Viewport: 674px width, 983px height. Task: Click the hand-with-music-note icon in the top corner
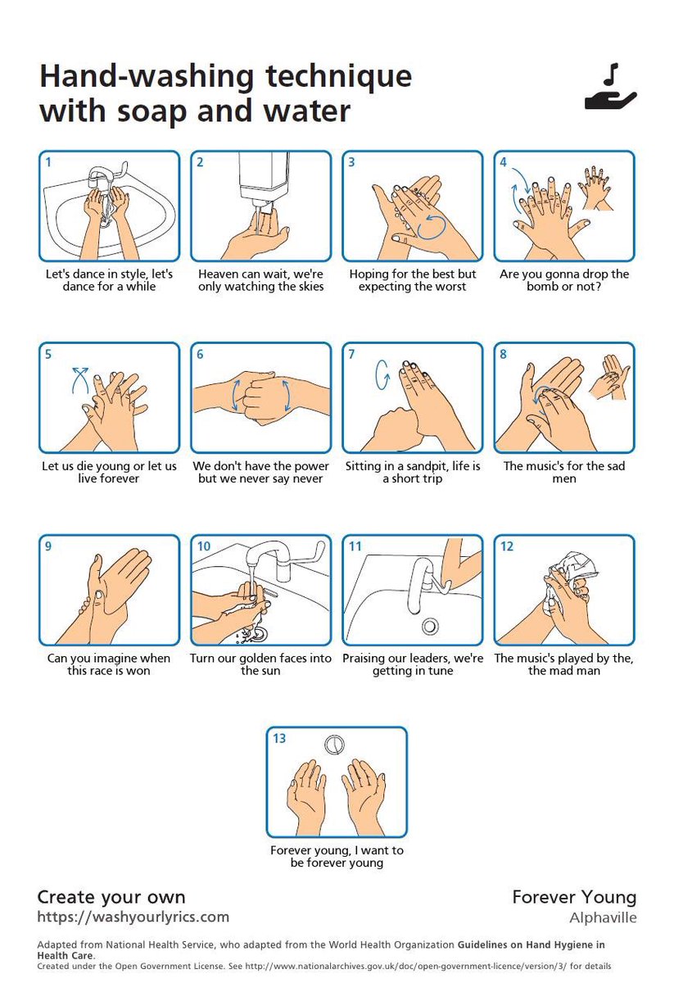[x=610, y=88]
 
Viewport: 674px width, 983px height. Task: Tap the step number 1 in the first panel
[x=48, y=162]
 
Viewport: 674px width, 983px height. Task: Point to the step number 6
[x=200, y=355]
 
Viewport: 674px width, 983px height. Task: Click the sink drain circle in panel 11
[x=429, y=625]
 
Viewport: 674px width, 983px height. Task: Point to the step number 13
[x=279, y=739]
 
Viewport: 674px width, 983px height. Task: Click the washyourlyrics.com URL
[x=133, y=917]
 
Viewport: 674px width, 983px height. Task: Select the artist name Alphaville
[x=603, y=917]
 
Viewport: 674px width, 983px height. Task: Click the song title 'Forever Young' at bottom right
[x=573, y=897]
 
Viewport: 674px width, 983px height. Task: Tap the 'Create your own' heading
[x=111, y=897]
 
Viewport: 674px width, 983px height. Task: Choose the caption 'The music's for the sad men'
[x=564, y=472]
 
